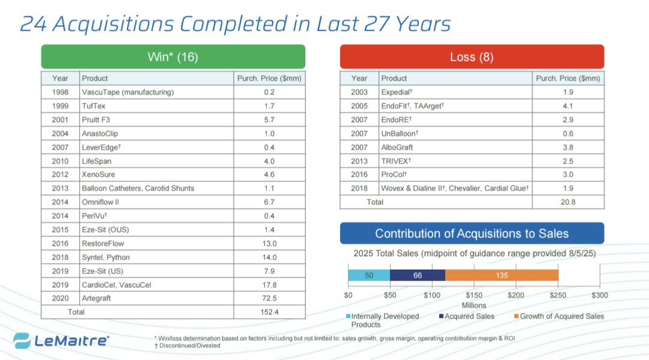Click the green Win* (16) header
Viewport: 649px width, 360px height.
click(x=172, y=57)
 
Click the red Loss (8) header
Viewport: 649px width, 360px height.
click(x=472, y=57)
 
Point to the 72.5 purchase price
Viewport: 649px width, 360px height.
click(x=270, y=298)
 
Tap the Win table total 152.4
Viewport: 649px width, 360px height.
click(x=270, y=312)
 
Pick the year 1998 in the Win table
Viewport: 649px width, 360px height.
click(x=60, y=92)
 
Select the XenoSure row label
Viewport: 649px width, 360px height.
click(x=97, y=174)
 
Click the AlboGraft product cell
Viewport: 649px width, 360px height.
click(x=397, y=147)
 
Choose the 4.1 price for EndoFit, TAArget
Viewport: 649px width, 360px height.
click(x=568, y=106)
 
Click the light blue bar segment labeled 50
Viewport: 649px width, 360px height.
click(x=369, y=275)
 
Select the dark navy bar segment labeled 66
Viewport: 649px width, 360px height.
click(x=418, y=275)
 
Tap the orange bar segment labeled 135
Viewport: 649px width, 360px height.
click(x=502, y=275)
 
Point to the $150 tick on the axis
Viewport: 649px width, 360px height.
click(x=474, y=295)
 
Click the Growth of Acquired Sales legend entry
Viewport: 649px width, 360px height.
click(x=559, y=316)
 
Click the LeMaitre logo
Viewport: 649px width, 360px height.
click(x=61, y=340)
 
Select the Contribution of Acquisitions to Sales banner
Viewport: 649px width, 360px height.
click(x=472, y=234)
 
